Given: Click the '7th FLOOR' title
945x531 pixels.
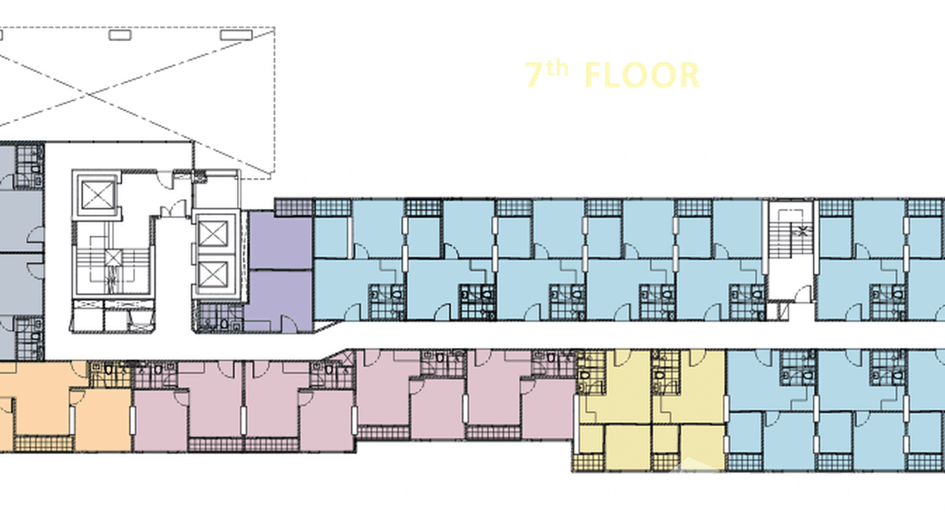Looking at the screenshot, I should click(612, 75).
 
